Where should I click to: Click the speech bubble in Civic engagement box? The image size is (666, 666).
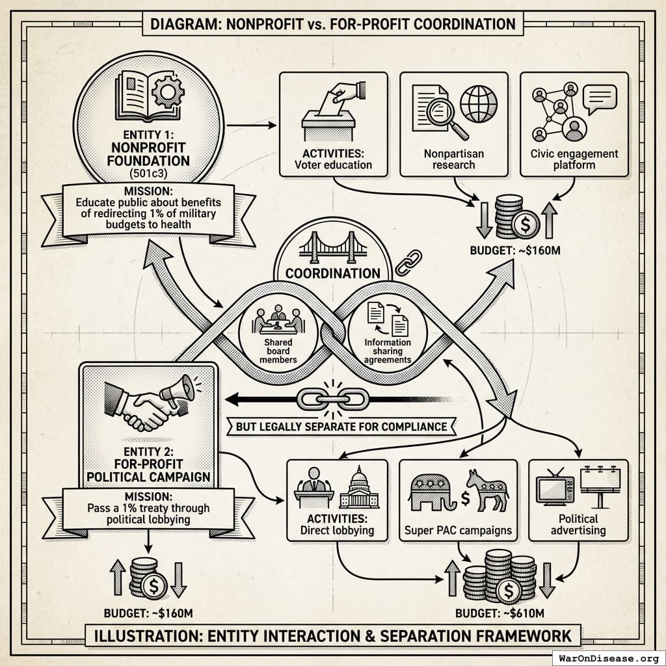[x=599, y=101]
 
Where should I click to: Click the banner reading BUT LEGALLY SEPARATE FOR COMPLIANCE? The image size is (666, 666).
[x=341, y=427]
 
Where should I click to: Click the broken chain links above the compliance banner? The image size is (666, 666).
[x=333, y=398]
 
